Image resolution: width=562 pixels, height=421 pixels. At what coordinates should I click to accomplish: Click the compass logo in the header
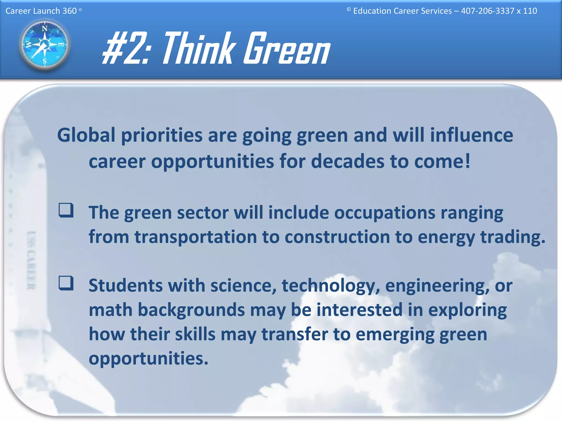(x=44, y=45)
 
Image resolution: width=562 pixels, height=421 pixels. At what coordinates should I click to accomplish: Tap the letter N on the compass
(x=44, y=29)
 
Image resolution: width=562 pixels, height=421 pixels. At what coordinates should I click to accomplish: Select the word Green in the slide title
(x=287, y=49)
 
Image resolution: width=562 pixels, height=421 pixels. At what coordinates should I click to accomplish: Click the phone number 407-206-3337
(x=487, y=11)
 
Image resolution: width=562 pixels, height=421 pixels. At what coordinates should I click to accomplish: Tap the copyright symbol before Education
(x=349, y=10)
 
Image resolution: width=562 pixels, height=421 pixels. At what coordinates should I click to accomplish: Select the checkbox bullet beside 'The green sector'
(x=66, y=210)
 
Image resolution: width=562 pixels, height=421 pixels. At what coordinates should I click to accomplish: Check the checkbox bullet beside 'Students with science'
(x=66, y=283)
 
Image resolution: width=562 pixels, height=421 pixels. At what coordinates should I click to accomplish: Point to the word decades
(x=347, y=161)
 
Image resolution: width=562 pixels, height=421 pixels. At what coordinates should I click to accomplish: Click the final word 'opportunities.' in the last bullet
(x=148, y=359)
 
